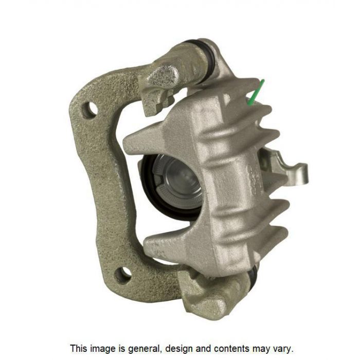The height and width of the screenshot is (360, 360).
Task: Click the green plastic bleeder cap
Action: click(256, 93)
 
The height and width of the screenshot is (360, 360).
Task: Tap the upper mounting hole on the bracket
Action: click(91, 110)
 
